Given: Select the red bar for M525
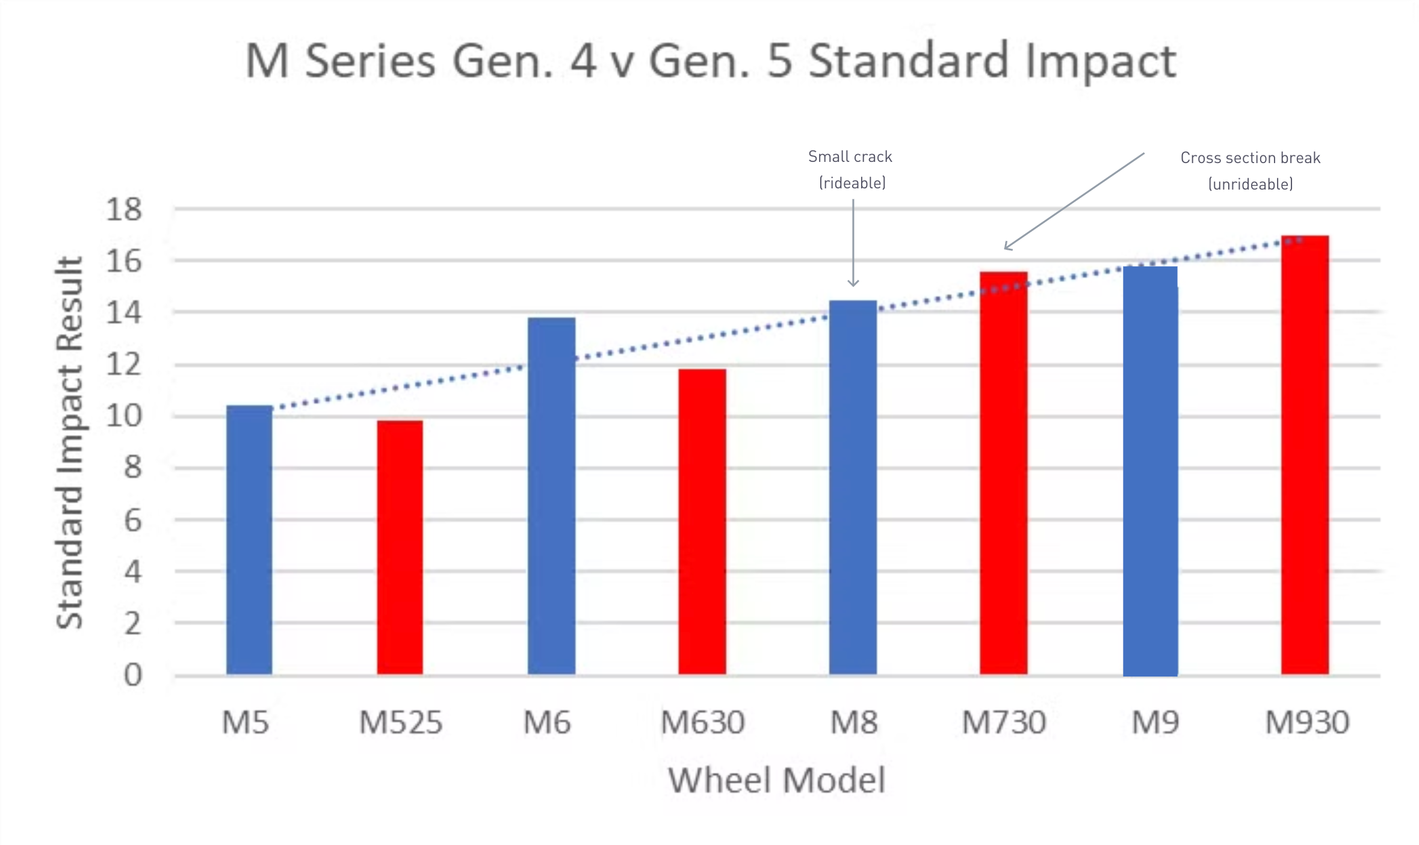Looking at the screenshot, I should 400,547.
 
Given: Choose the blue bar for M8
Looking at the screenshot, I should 853,487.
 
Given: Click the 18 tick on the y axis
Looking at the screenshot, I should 123,209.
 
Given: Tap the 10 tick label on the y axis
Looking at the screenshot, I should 123,416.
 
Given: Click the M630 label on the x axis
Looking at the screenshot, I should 702,722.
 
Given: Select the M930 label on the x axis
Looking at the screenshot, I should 1306,722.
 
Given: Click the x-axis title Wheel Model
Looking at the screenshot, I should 776,780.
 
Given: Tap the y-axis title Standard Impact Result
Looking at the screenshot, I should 69,442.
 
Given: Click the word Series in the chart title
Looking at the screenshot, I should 369,61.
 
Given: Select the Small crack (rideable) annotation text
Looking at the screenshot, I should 851,170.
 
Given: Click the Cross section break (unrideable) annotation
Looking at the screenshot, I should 1250,171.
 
